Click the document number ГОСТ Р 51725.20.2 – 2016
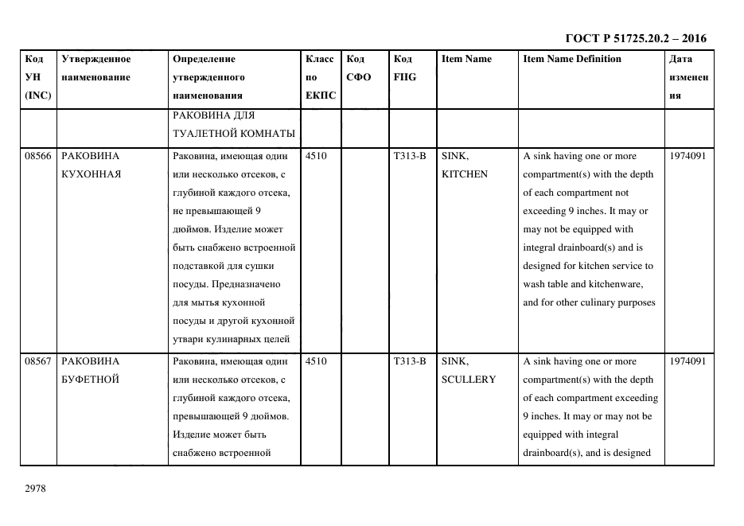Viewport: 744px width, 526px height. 635,38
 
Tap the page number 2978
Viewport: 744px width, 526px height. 36,489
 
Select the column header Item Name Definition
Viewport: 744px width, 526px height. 572,59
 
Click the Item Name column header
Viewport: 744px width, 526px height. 466,59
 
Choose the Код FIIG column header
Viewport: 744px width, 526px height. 404,68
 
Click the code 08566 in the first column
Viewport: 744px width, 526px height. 37,156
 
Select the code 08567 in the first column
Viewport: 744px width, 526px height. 37,361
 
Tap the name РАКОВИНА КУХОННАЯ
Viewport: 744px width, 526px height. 91,166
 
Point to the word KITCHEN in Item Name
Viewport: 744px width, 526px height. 464,174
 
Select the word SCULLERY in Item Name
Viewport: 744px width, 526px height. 468,380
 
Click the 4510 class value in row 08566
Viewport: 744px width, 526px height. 315,156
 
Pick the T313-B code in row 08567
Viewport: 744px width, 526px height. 409,361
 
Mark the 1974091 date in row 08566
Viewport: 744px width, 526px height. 688,156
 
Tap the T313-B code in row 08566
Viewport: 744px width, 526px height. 409,156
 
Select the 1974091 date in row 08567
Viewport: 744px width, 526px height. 688,361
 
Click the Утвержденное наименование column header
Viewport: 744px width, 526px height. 95,68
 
